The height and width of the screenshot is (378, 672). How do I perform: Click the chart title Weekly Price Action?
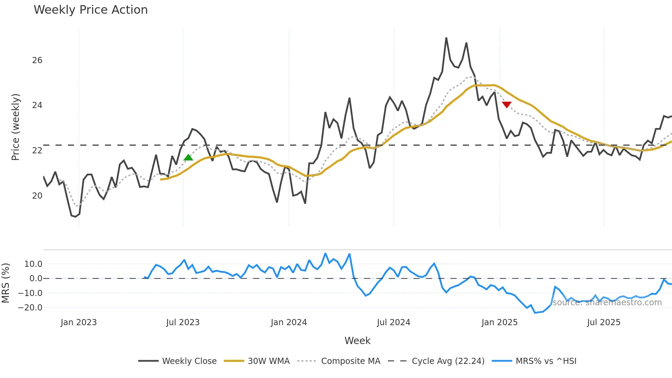tap(91, 10)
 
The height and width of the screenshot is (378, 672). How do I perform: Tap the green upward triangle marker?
tap(188, 157)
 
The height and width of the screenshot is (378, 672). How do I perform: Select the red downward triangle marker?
tap(506, 105)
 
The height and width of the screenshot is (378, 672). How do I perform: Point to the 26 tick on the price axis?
tap(37, 60)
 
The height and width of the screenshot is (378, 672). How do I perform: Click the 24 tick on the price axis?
tap(37, 105)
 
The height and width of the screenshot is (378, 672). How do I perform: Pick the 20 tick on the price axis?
tap(37, 196)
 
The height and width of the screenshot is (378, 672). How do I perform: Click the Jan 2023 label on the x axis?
tap(79, 322)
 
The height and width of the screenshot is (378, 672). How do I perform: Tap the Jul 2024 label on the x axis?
tap(393, 322)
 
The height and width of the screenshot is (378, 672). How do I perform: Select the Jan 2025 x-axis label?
tap(499, 322)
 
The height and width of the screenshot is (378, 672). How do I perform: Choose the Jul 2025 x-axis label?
tap(603, 322)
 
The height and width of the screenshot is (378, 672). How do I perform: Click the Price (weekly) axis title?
tap(16, 127)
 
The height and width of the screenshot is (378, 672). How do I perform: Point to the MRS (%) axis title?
tap(5, 283)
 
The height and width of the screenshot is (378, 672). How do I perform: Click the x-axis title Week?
tap(357, 341)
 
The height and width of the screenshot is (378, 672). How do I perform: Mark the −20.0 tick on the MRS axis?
tap(30, 308)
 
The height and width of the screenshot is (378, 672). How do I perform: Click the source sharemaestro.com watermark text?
tap(607, 303)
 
